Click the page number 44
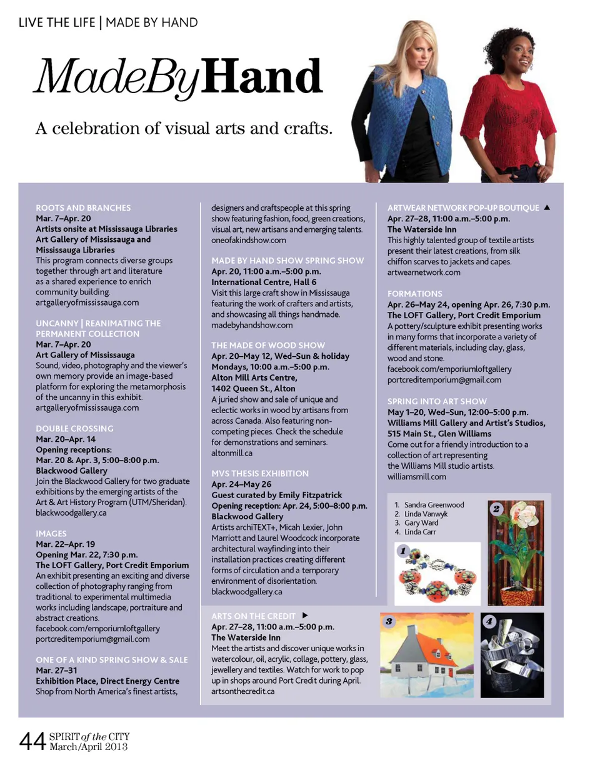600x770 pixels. [31, 741]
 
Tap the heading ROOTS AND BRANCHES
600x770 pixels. [83, 207]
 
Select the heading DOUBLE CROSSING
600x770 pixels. [74, 429]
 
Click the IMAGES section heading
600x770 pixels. [51, 533]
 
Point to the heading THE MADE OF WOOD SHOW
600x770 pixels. [268, 345]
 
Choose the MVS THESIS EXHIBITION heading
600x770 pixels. [260, 473]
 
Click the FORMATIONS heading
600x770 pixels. [415, 293]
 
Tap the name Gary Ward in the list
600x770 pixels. [421, 522]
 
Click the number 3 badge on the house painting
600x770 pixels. [389, 621]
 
